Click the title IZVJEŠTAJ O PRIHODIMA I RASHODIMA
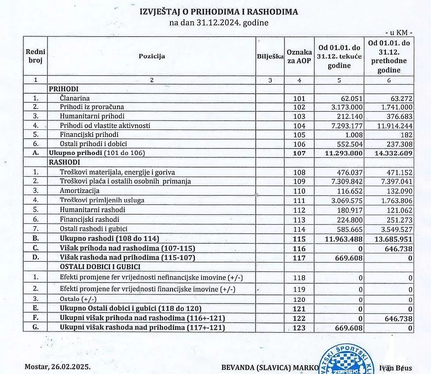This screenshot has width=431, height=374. click(218, 12)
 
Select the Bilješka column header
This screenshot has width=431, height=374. click(270, 56)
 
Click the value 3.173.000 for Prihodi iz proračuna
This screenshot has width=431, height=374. click(344, 107)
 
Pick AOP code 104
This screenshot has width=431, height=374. click(299, 126)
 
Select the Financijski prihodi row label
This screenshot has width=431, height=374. click(89, 135)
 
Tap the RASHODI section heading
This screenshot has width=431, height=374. click(64, 162)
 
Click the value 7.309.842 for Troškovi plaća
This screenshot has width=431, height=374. click(344, 182)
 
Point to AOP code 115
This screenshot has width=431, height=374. click(299, 238)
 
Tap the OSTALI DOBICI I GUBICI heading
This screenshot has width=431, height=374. click(100, 266)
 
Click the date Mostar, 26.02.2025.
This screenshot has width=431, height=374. click(57, 366)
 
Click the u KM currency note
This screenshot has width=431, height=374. click(399, 32)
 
